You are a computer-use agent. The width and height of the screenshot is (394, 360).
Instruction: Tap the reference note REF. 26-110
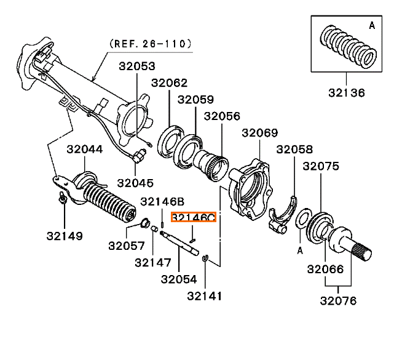(x=150, y=44)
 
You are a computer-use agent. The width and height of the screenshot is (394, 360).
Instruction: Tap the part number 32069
(x=259, y=132)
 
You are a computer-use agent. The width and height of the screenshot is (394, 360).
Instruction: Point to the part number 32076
(x=338, y=300)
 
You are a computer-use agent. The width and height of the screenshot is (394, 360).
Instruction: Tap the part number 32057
(x=126, y=246)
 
